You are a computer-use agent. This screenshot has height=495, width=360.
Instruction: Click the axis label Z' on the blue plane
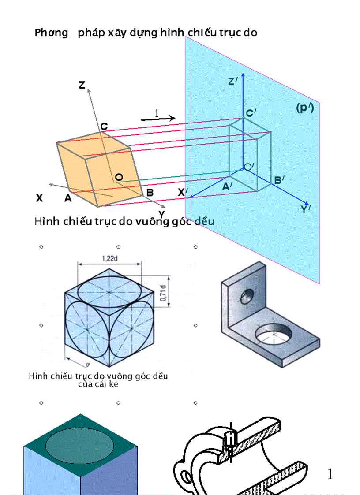[233, 82]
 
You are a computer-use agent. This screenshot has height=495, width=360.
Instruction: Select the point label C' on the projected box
[251, 113]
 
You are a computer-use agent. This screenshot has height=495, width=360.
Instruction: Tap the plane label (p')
[304, 108]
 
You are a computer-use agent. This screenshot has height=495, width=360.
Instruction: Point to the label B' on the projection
[279, 180]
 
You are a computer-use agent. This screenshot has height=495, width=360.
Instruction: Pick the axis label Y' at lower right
[305, 209]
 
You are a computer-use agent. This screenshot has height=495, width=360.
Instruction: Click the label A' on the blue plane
[228, 186]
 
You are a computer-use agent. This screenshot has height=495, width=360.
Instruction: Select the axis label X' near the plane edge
[183, 193]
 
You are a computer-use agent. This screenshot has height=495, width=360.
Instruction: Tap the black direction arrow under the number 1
[158, 118]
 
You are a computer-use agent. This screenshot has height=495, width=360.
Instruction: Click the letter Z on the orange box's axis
[82, 85]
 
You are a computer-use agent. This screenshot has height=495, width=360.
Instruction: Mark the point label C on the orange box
[104, 127]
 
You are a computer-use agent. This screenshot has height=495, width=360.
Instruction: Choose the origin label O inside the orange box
[119, 177]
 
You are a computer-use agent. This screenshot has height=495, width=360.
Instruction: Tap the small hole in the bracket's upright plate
[245, 296]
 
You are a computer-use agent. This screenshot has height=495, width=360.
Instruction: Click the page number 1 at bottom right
[330, 474]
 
